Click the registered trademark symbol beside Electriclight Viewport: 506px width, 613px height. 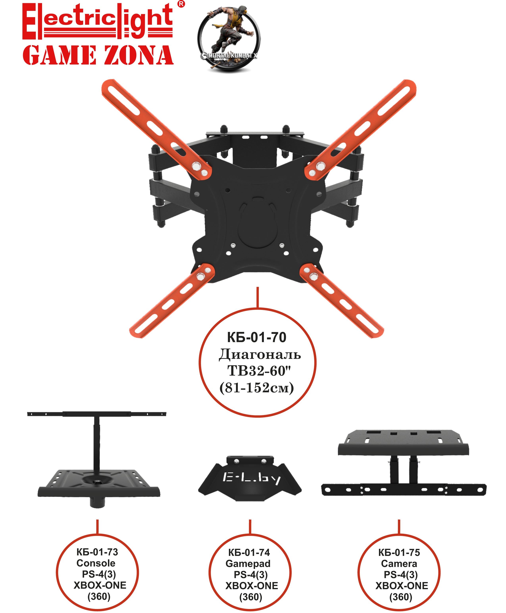(181, 4)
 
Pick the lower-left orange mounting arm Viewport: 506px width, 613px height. (172, 301)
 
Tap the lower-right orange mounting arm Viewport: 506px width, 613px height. (342, 301)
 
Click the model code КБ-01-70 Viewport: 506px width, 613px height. (257, 337)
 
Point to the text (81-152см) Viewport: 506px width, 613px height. (257, 388)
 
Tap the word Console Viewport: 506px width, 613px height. (96, 563)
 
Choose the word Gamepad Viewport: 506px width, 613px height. (248, 564)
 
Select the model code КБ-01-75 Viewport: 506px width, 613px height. (399, 552)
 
